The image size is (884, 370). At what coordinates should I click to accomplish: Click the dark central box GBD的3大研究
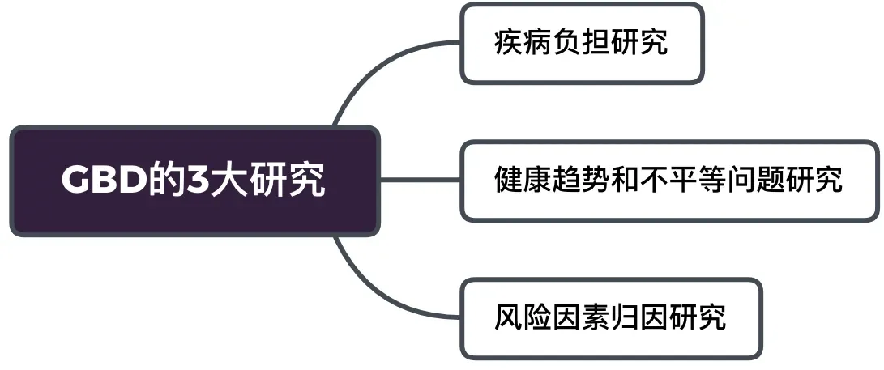(x=194, y=181)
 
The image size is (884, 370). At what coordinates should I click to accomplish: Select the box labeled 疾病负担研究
(x=582, y=43)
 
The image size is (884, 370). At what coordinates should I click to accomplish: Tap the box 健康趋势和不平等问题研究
(x=669, y=181)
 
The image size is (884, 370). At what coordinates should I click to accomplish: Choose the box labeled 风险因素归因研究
(x=611, y=318)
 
